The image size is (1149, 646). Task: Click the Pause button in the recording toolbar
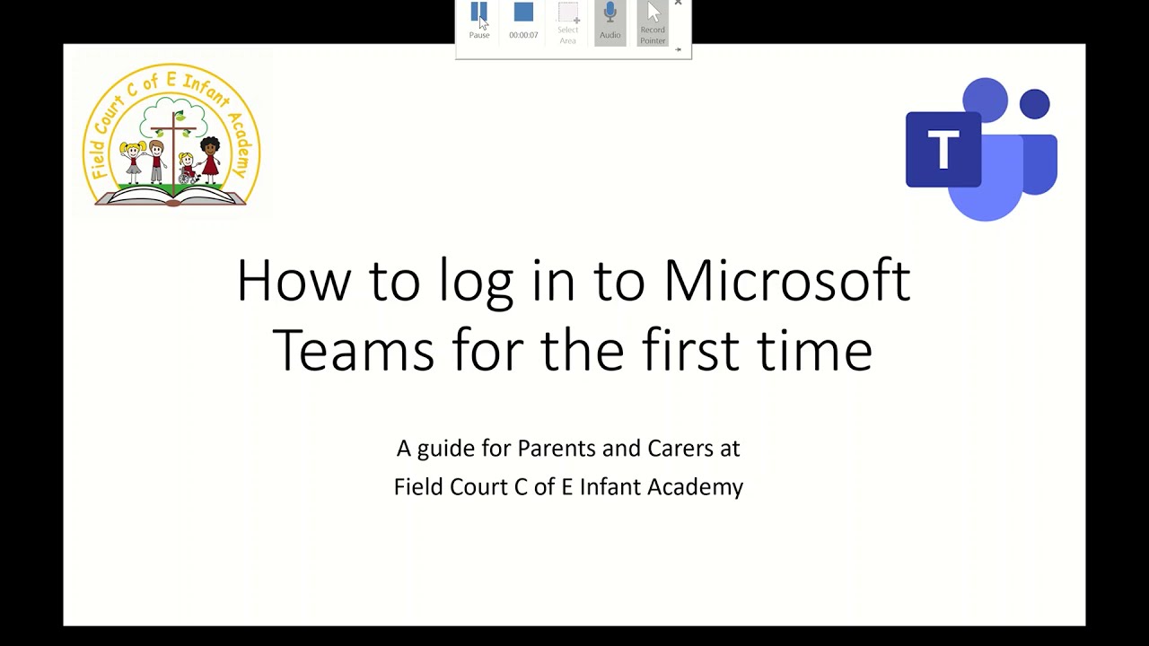click(478, 20)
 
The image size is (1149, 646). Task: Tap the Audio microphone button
click(610, 20)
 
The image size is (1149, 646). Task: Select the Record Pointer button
click(653, 22)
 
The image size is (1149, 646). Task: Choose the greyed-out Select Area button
click(567, 22)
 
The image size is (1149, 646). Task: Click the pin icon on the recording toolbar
click(678, 49)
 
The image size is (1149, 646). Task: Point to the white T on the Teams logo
click(943, 150)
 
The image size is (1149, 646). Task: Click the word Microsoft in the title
click(786, 280)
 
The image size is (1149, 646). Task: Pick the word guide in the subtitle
click(447, 449)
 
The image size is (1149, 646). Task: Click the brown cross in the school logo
click(172, 144)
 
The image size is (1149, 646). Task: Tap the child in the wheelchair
click(188, 168)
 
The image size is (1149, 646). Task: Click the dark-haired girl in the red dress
click(210, 158)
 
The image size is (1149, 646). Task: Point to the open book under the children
click(171, 195)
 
